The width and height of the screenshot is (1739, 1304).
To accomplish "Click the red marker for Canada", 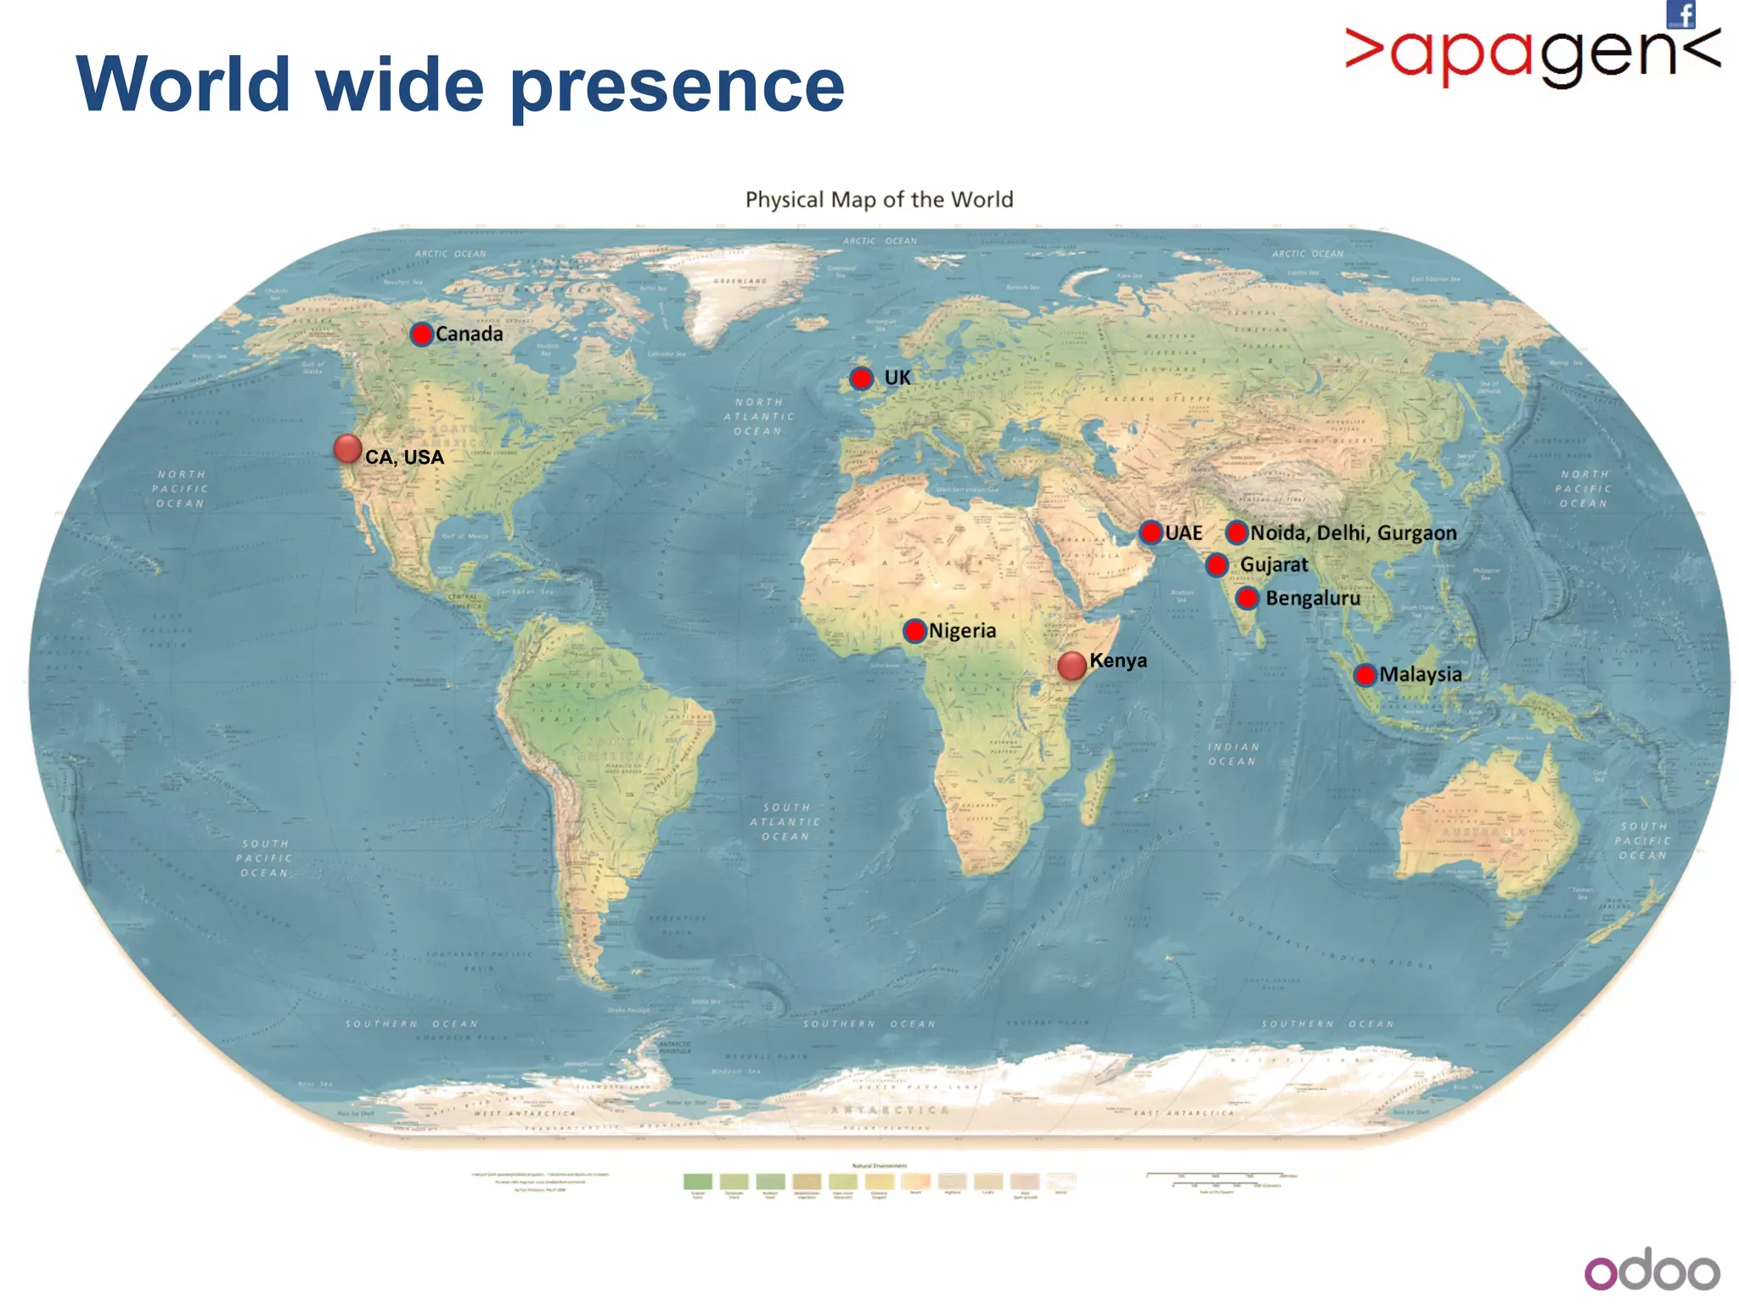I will (421, 334).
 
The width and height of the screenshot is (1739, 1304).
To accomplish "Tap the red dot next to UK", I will (861, 379).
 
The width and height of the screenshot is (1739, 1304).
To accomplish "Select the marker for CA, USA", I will (347, 448).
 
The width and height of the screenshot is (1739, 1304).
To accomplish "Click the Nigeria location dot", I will (915, 631).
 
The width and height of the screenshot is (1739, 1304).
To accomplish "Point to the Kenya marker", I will (1072, 666).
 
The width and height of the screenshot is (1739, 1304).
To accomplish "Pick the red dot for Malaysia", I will (1365, 676).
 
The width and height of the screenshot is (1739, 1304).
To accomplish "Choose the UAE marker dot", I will (1151, 533).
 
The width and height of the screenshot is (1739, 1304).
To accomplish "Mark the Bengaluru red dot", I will (1247, 599).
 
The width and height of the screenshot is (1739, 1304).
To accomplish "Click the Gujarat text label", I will (1274, 565).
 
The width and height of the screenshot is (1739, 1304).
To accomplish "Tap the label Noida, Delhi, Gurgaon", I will (1353, 533).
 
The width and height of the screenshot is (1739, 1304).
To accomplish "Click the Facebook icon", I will (1680, 14).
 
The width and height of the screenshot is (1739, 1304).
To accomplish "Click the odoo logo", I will (1651, 1271).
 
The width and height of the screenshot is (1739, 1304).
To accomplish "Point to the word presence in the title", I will (677, 86).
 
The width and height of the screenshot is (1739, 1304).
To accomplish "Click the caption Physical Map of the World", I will (879, 200).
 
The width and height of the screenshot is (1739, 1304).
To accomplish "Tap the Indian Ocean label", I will (1233, 754).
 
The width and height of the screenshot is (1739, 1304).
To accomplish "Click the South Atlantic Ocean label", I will (785, 822).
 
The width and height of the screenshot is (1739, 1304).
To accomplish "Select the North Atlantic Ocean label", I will (758, 416).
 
